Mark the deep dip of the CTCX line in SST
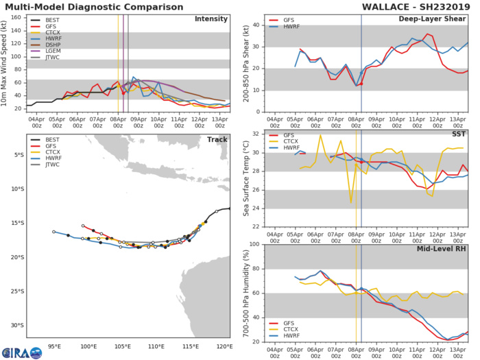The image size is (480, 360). click(x=351, y=202)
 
